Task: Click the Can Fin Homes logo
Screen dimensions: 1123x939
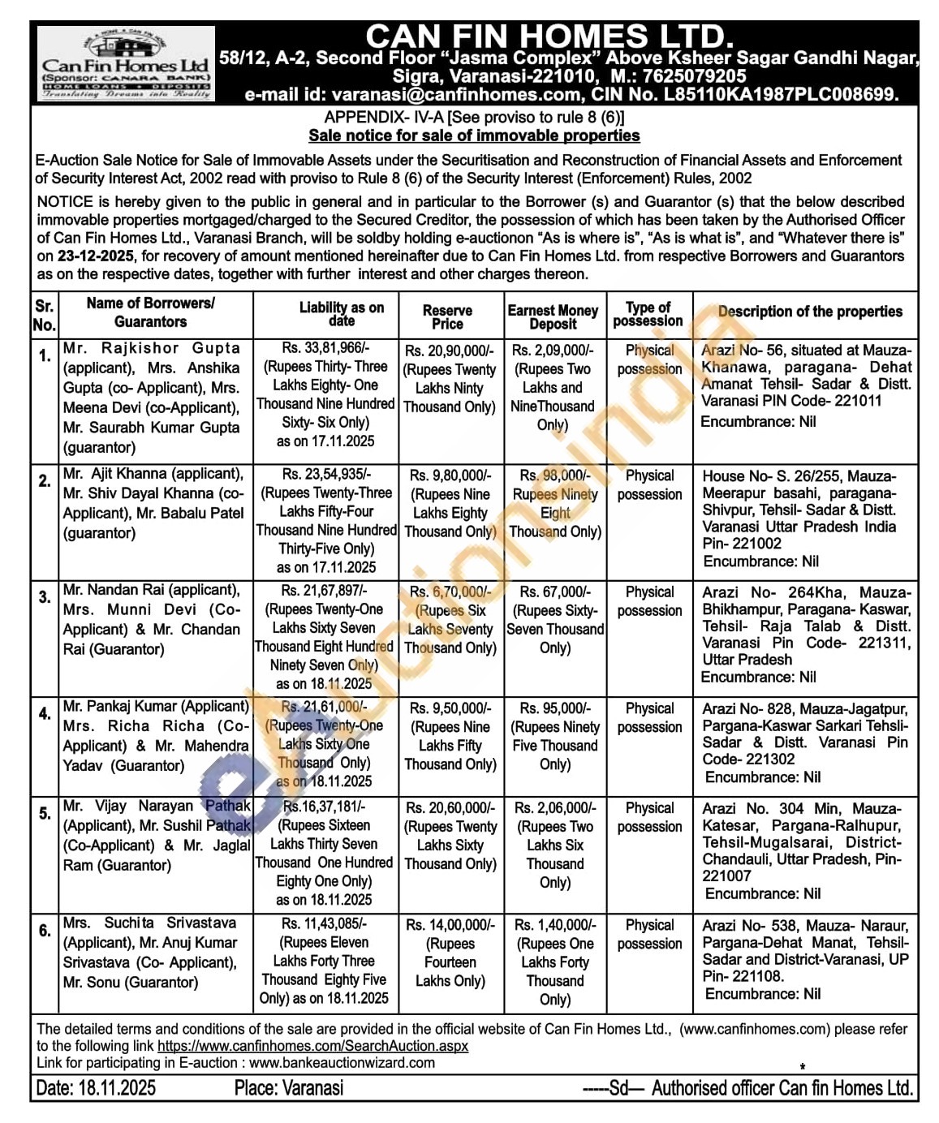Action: point(126,66)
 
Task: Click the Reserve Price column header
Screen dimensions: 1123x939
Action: point(447,316)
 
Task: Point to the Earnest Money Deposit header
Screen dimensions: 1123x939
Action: point(553,316)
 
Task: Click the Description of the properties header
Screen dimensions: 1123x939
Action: point(809,312)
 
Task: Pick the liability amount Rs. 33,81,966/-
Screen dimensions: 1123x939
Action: point(325,348)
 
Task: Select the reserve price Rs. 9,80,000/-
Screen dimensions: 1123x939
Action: point(450,475)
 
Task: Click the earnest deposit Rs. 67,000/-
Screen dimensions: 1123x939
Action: point(555,592)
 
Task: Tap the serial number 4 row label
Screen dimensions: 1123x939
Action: point(45,714)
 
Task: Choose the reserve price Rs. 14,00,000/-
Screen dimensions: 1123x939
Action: point(450,925)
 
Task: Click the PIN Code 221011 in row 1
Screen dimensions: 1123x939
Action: point(853,401)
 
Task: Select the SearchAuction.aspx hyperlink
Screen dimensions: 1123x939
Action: point(312,1046)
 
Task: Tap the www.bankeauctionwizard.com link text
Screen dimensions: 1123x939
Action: point(342,1063)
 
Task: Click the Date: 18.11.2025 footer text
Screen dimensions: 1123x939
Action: point(96,1088)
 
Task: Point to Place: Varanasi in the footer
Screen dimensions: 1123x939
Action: point(288,1088)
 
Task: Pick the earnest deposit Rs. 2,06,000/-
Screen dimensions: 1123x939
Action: point(555,808)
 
